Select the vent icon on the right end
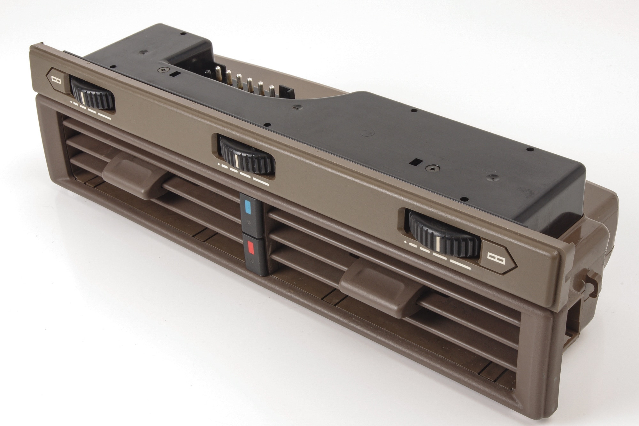click(x=496, y=259)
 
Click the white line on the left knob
click(x=83, y=98)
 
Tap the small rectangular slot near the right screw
click(x=416, y=162)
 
